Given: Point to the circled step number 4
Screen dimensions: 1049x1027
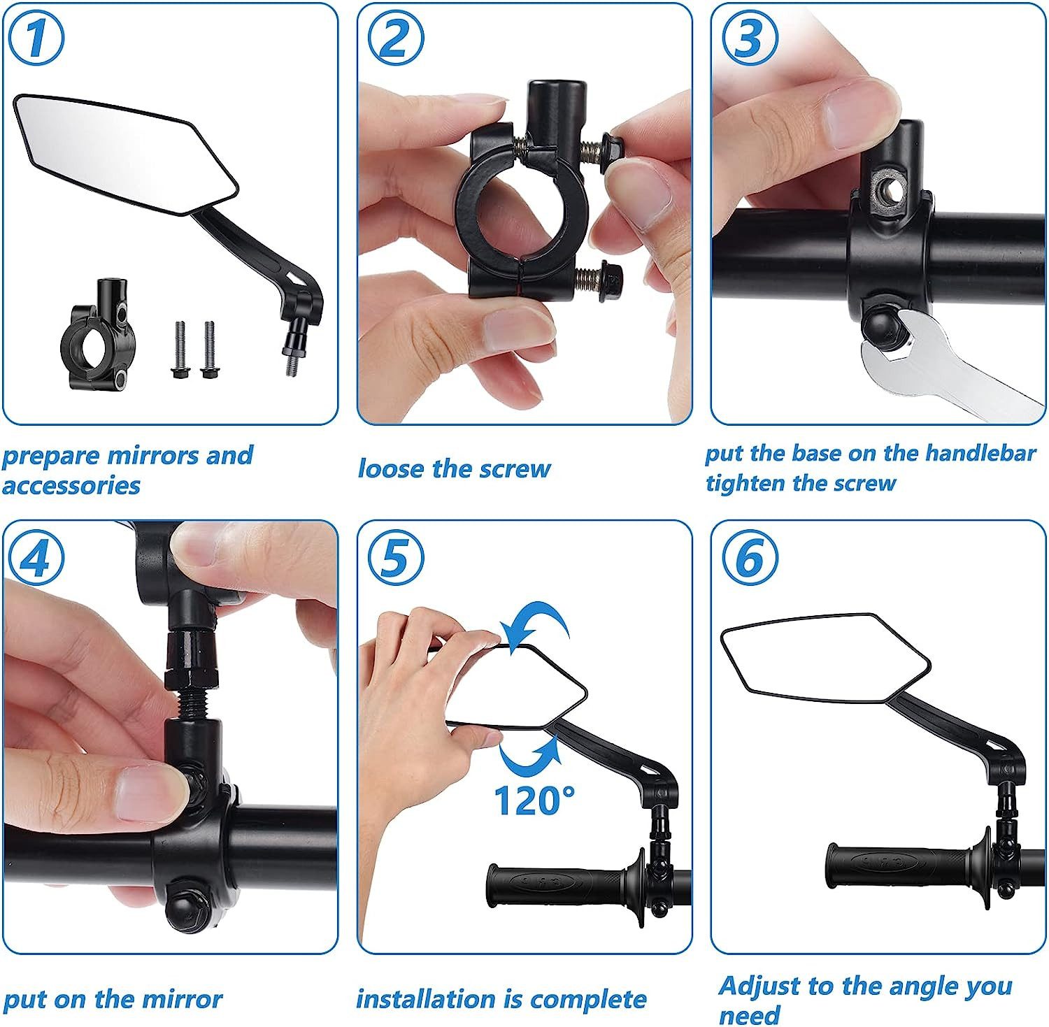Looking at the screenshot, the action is click(x=37, y=559).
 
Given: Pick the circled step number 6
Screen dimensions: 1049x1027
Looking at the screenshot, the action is click(x=749, y=557).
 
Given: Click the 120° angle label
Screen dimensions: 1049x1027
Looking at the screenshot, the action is click(x=534, y=800).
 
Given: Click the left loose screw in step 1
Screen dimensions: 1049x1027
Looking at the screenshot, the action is click(x=179, y=350).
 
